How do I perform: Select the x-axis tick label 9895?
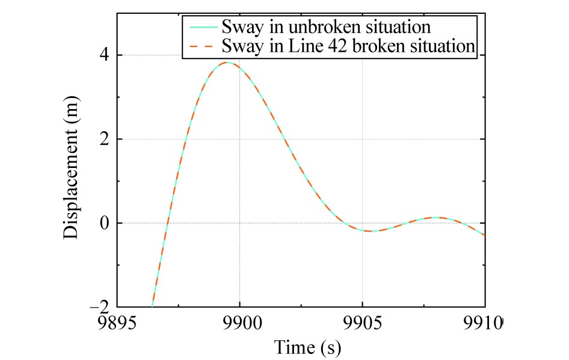pos(117,323)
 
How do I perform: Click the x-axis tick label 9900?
pos(239,323)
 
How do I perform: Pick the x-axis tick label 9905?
pos(362,323)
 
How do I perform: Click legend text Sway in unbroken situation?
pos(326,27)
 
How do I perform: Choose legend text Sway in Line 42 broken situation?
pos(348,46)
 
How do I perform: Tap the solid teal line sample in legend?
pos(201,27)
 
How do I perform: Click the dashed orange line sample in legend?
pos(201,46)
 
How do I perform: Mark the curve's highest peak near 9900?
pos(227,63)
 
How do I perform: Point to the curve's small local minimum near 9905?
pos(371,231)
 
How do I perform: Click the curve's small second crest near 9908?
pos(435,217)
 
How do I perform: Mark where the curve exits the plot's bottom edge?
pos(153,306)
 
